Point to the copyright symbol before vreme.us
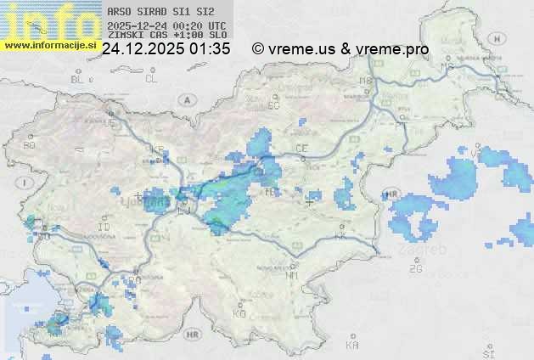pos(258,49)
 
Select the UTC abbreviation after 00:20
pos(216,25)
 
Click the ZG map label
pos(415,269)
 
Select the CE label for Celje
pos(301,149)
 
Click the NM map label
pos(293,276)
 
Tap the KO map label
pos(240,313)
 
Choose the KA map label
pos(352,346)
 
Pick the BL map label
pos(77,79)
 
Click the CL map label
pos(151,79)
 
